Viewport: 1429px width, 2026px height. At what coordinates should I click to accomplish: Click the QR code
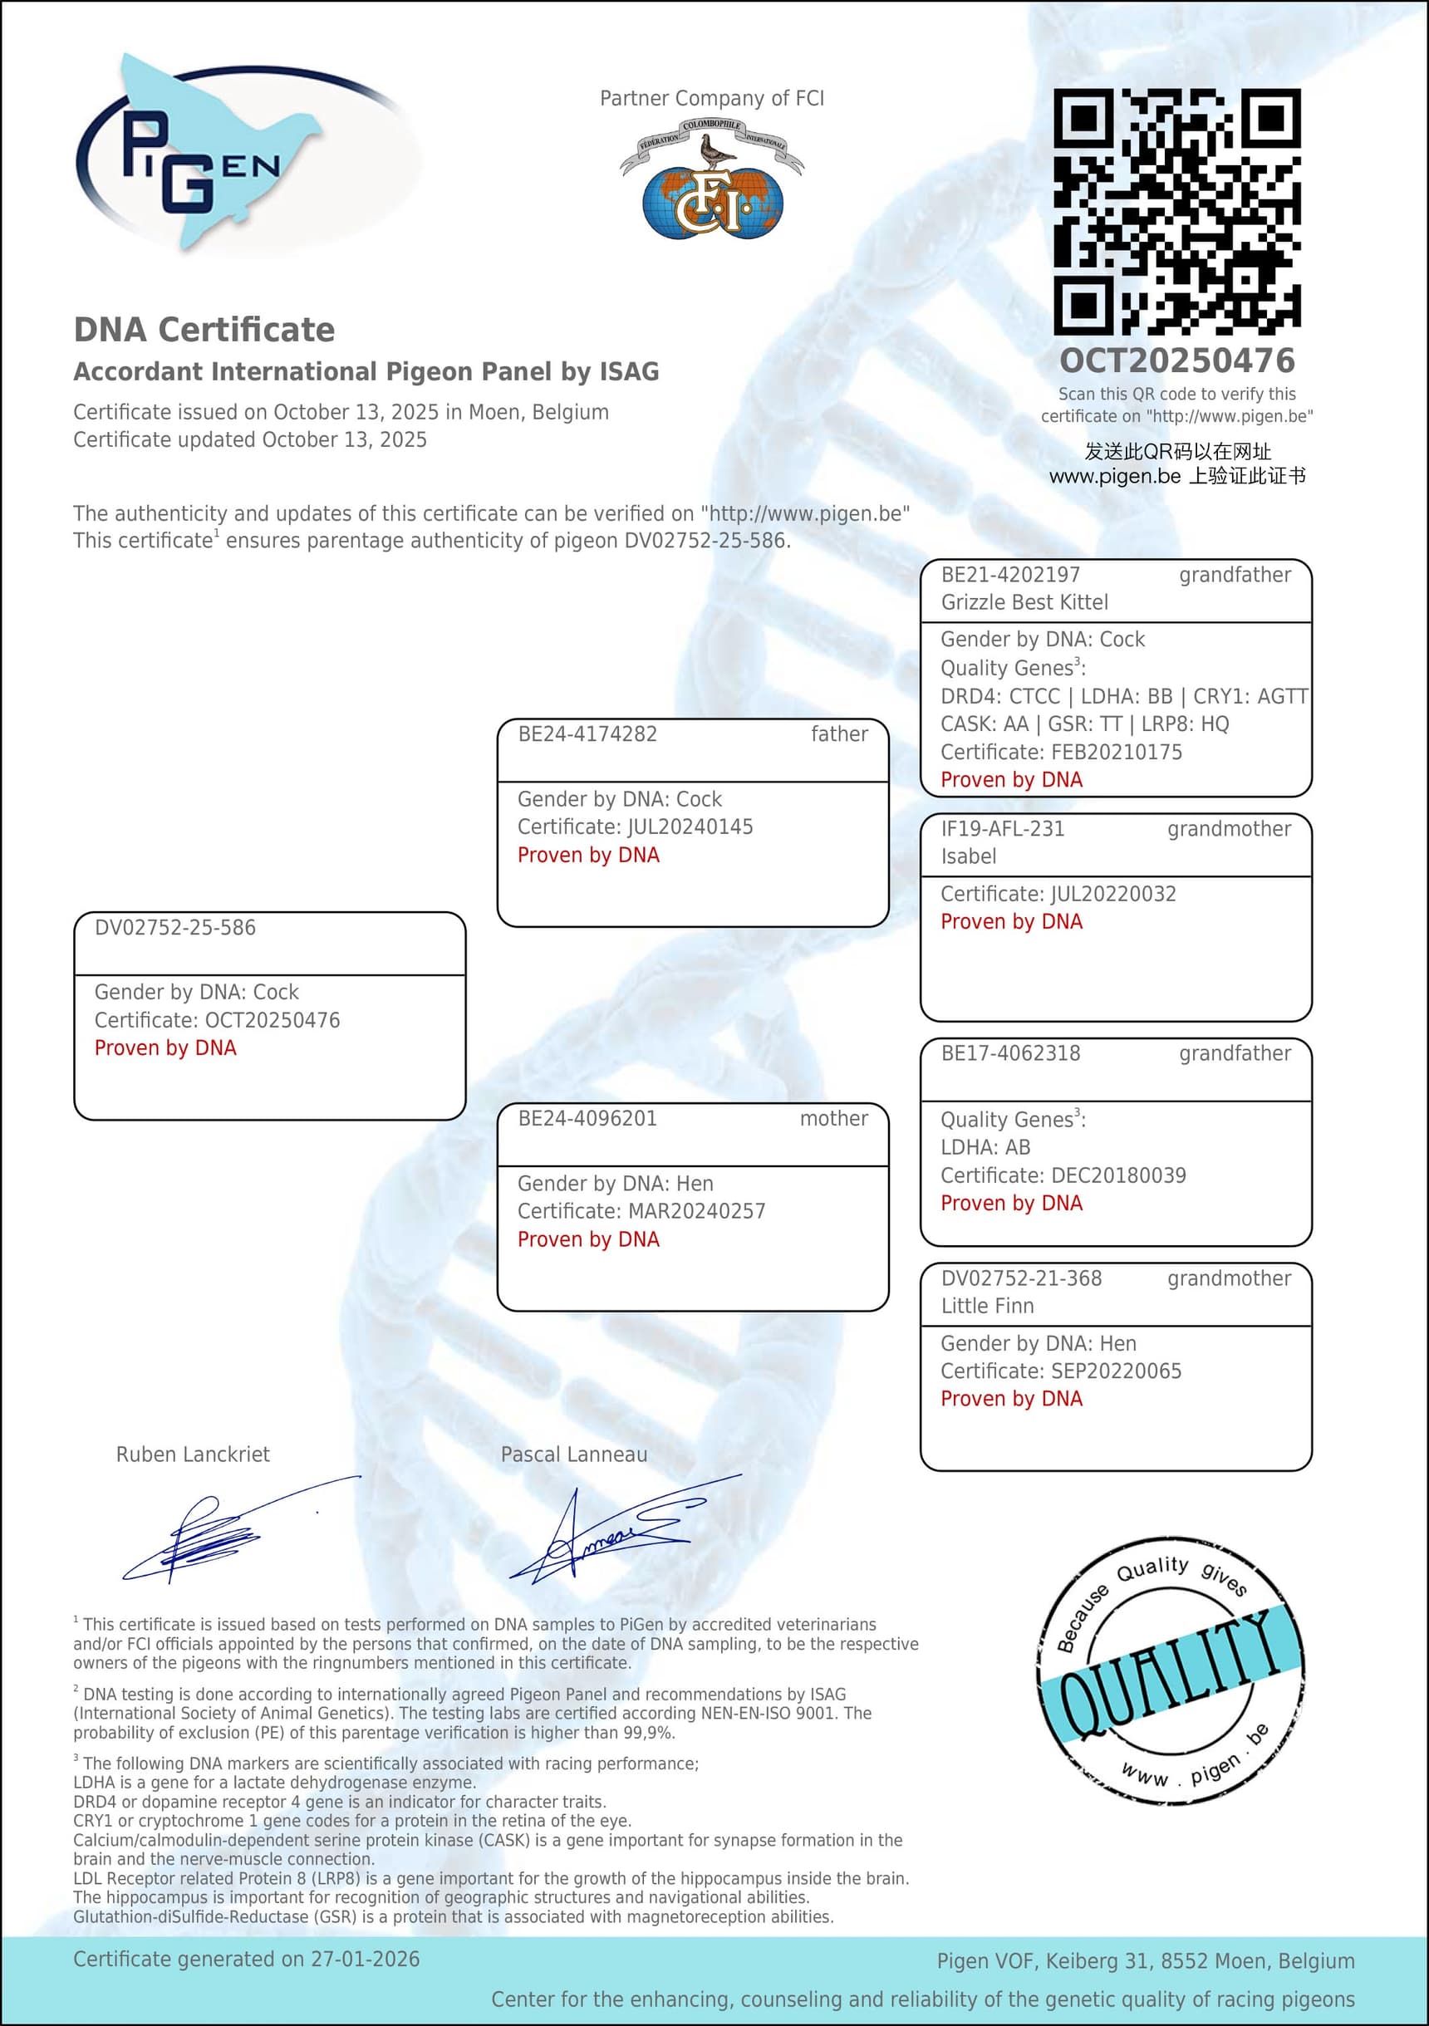tap(1176, 211)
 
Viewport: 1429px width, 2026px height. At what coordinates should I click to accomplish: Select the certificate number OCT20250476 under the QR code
tap(1176, 361)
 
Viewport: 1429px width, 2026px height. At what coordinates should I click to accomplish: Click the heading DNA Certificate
tap(204, 330)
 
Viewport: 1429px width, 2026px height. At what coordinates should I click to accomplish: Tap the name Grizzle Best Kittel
tap(1024, 603)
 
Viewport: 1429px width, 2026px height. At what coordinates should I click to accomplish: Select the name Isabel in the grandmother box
tap(968, 856)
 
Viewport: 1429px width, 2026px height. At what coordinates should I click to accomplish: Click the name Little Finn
tap(987, 1306)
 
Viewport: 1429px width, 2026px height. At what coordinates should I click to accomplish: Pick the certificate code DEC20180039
tap(1118, 1175)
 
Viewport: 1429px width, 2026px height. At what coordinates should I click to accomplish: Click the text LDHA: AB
tap(985, 1147)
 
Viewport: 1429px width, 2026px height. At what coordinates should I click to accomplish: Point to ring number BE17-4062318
tap(1009, 1053)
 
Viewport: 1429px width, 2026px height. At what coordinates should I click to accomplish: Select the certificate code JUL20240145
tap(690, 827)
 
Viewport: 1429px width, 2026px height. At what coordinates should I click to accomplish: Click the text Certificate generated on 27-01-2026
tap(246, 1960)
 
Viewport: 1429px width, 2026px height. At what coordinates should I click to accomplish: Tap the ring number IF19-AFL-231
tap(1002, 830)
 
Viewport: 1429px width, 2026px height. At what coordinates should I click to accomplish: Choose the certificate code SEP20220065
tap(1116, 1371)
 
